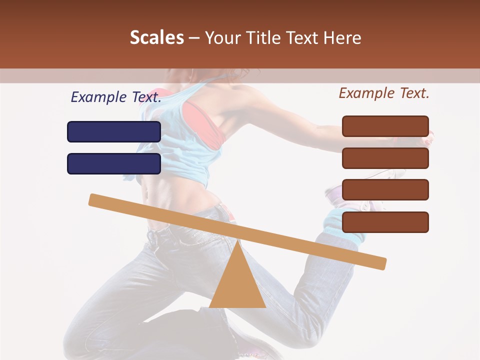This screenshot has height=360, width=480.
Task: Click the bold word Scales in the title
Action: pos(156,37)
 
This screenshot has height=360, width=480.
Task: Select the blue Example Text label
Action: pos(116,97)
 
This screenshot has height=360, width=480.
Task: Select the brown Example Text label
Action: pos(384,93)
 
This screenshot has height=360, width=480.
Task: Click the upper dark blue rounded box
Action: pos(114,131)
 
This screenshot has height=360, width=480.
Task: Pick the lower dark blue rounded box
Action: pos(114,163)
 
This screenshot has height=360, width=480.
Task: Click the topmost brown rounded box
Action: pos(385,126)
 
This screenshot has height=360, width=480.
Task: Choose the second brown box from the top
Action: pos(385,158)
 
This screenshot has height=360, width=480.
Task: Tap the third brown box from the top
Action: pos(385,189)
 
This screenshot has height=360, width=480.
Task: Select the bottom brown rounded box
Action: pos(385,222)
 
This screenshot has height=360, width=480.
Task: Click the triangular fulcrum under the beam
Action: pos(237,285)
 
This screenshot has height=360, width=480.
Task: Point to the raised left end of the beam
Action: pos(95,200)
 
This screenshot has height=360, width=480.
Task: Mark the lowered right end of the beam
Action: pos(380,263)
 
